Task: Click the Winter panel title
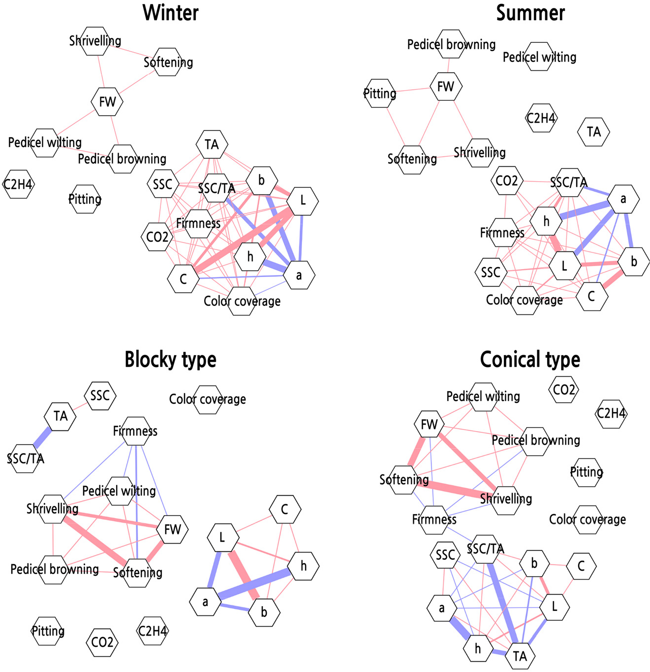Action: click(x=171, y=12)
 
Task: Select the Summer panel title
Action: click(x=530, y=12)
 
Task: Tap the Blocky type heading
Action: click(x=170, y=360)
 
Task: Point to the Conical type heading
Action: click(x=530, y=360)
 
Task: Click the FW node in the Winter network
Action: click(x=107, y=102)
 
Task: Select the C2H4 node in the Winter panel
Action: click(x=19, y=184)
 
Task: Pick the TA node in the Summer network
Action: click(x=594, y=132)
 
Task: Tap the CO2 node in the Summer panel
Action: click(x=506, y=181)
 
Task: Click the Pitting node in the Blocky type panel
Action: click(x=48, y=631)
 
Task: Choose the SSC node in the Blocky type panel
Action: click(x=100, y=396)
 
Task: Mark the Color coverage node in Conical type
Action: click(x=588, y=519)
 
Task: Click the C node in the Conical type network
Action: click(x=581, y=566)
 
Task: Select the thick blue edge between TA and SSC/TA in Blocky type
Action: click(x=43, y=437)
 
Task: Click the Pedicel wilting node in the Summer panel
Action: click(x=539, y=57)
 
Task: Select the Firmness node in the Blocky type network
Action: click(x=135, y=431)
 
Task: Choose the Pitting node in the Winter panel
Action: click(x=85, y=199)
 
